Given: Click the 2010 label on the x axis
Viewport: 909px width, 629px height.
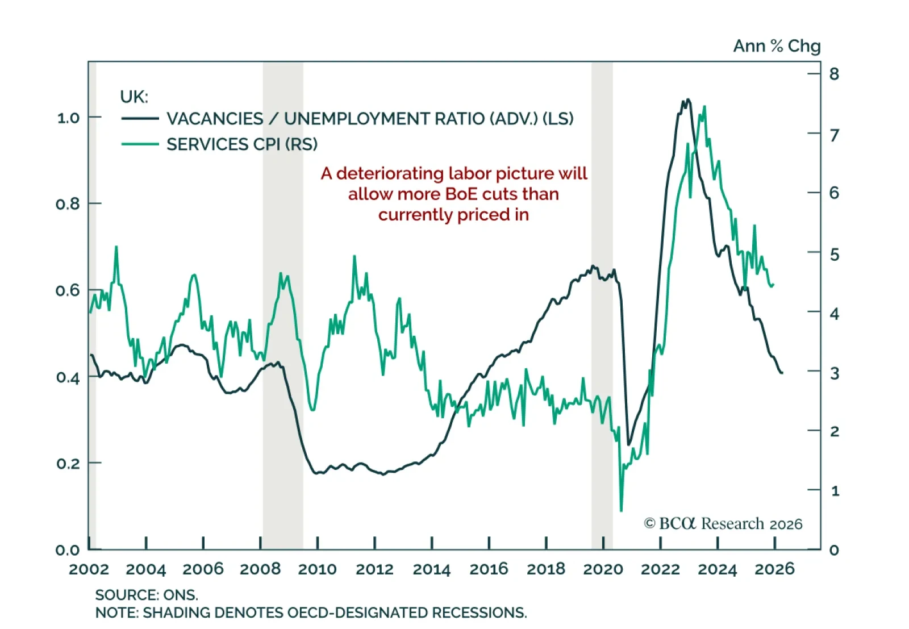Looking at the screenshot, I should [x=317, y=569].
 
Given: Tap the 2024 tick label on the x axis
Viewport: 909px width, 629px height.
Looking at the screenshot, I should [x=717, y=569].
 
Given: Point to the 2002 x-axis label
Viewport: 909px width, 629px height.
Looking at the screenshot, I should [x=89, y=569].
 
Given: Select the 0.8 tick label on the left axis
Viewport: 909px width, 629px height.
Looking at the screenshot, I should [x=68, y=204].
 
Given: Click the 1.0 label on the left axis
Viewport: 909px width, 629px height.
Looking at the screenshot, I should [x=68, y=118].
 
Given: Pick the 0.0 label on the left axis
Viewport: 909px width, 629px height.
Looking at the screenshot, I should [x=68, y=549].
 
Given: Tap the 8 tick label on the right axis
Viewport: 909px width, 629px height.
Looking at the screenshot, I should [x=834, y=74].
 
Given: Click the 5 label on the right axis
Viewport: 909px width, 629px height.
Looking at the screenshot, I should [x=834, y=254].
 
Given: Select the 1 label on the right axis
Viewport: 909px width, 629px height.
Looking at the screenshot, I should [x=835, y=490].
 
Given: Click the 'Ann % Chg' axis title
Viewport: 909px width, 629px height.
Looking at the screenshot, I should [x=777, y=46].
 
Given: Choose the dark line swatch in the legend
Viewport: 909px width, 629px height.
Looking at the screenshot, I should [x=140, y=118].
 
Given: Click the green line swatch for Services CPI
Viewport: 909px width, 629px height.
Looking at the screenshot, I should [x=140, y=144].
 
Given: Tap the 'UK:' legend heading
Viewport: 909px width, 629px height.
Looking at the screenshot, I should [x=134, y=97].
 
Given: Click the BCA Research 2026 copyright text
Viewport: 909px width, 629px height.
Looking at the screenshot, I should [x=723, y=523].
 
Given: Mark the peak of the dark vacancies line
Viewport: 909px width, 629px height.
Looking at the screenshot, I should [x=688, y=99].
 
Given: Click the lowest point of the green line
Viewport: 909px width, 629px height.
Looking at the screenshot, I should [x=621, y=511].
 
